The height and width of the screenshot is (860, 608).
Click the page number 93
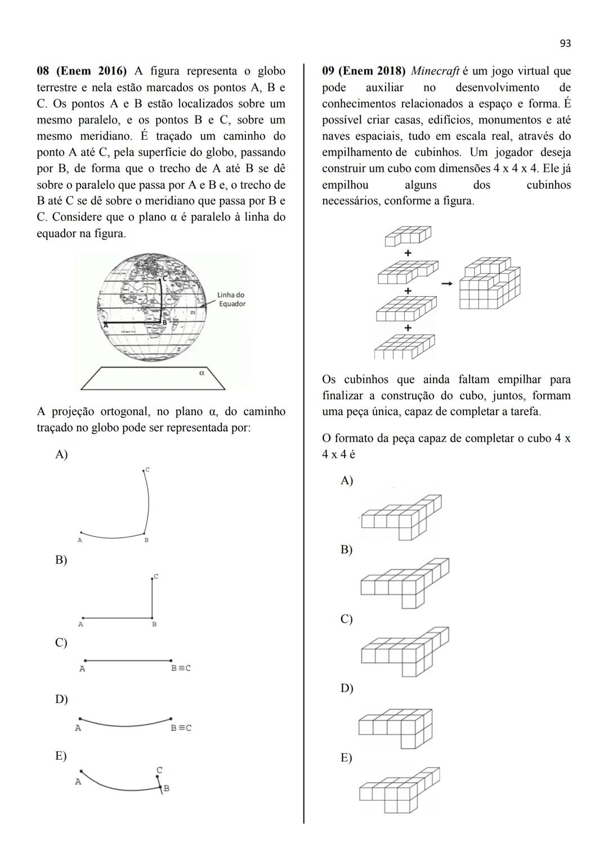(565, 43)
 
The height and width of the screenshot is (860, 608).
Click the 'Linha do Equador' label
(231, 299)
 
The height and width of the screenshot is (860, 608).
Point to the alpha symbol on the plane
(202, 372)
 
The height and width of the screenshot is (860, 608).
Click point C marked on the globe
(165, 279)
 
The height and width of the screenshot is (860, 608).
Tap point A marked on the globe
(105, 324)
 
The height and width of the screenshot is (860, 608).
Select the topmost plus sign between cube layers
(408, 253)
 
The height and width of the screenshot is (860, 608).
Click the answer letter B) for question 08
(61, 560)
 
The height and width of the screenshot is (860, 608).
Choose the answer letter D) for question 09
(346, 688)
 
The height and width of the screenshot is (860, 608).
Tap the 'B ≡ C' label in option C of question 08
(181, 669)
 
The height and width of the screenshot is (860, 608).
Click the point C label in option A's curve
(147, 469)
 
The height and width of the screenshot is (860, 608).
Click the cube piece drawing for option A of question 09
(401, 516)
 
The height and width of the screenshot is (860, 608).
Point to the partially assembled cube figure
(489, 283)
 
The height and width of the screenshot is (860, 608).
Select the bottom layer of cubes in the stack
(405, 346)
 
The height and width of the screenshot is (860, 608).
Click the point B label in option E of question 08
(166, 788)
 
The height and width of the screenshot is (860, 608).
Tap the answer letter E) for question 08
(61, 756)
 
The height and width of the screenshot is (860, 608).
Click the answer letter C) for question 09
(346, 619)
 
